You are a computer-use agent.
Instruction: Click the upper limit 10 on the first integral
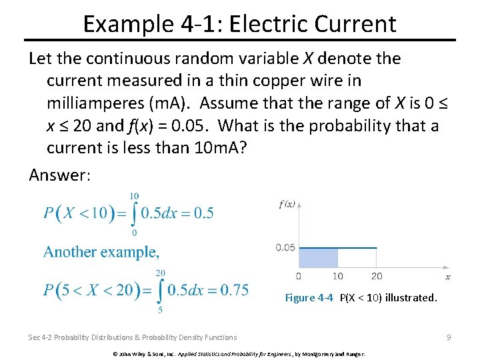pos(134,196)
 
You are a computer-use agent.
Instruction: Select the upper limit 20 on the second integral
pos(161,272)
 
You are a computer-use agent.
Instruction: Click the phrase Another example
pos(101,252)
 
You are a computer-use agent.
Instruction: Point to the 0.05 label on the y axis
pos(285,248)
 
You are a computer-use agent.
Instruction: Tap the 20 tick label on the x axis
pos(377,276)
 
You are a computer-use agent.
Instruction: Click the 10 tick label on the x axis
pos(338,276)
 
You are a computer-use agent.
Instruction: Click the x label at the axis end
pos(447,276)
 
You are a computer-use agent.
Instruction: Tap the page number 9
pos(449,337)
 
